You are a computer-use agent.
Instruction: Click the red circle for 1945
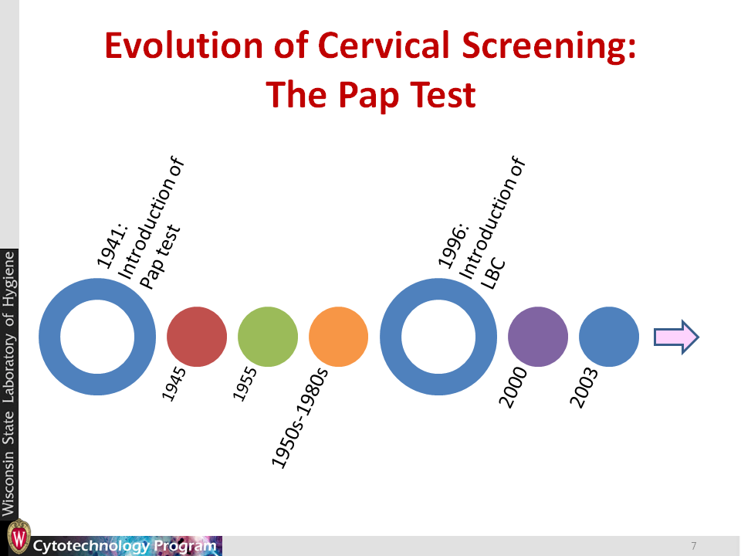coord(197,337)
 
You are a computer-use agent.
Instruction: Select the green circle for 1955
coord(268,337)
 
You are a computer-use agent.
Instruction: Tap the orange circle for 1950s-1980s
coord(338,337)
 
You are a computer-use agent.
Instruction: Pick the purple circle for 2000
coord(538,337)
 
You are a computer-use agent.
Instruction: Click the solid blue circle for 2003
coord(609,337)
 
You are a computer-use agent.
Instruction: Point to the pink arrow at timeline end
coord(676,337)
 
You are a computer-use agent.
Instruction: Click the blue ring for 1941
coord(49,337)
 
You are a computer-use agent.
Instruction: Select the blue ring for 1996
coord(391,337)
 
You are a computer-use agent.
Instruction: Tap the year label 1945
coord(174,384)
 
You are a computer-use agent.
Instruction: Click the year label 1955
coord(245,384)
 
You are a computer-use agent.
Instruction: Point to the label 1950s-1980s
coord(299,418)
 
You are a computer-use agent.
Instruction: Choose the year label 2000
coord(513,387)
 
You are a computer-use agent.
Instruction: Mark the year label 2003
coord(584,387)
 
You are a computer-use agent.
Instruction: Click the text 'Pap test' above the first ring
coord(161,256)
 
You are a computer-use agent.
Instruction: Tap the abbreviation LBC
coord(493,274)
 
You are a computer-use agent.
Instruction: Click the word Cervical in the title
coord(384,46)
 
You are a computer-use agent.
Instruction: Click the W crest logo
coord(19,537)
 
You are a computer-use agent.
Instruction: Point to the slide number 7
coord(694,546)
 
